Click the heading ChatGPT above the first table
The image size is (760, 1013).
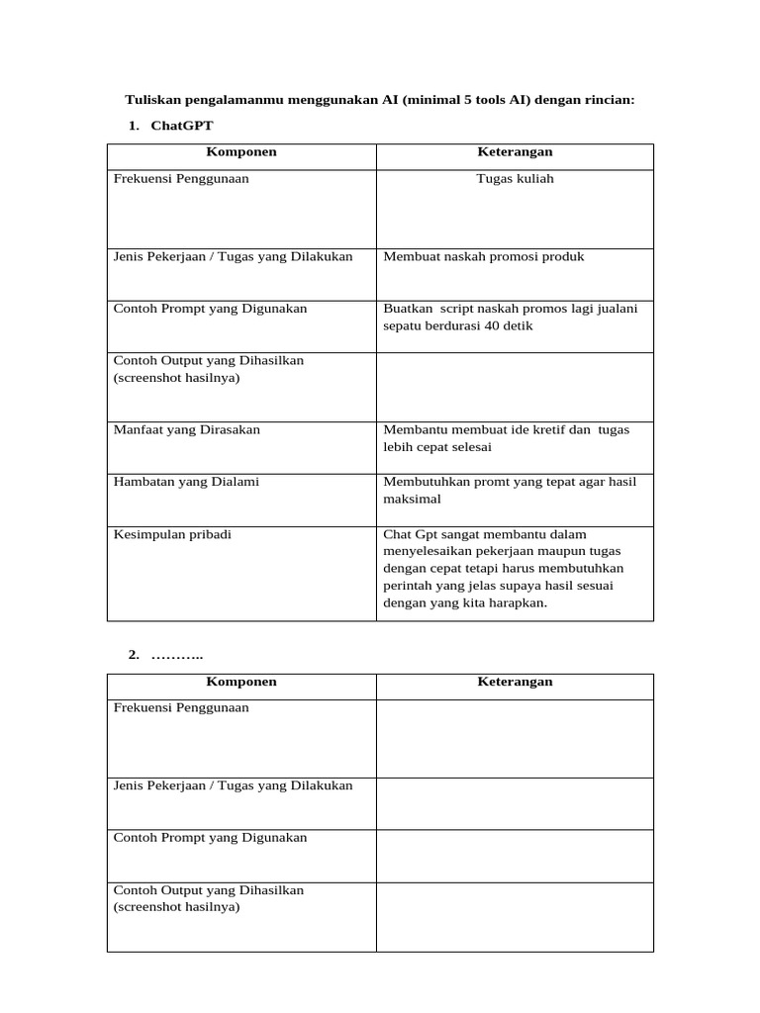coord(181,126)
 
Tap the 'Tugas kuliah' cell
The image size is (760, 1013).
coord(515,179)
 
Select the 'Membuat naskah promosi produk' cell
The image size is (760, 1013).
coord(483,256)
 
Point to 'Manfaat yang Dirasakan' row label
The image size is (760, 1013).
coord(187,430)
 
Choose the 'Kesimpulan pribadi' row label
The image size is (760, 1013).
coord(173,534)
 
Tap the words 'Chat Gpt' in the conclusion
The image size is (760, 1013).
coord(408,534)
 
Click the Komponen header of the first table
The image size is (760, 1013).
coord(240,152)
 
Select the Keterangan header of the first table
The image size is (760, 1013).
coord(515,152)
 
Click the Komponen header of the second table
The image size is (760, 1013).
coord(240,682)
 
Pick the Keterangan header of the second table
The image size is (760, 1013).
coord(515,682)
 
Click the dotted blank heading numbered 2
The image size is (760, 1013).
coord(176,656)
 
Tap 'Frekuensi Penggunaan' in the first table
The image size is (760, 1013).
coord(181,179)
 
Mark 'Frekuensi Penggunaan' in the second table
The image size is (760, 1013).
coord(181,708)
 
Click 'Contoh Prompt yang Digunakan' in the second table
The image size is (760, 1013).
coord(210,838)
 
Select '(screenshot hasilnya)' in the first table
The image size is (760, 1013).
coord(177,378)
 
